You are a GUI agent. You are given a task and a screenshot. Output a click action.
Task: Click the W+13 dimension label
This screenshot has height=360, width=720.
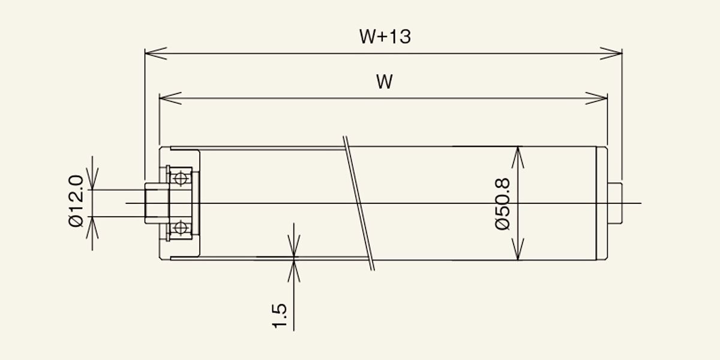[x=385, y=37]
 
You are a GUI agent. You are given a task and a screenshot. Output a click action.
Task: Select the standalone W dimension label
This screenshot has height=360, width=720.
[x=385, y=82]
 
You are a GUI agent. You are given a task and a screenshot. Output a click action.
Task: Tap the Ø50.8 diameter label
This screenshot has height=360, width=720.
[x=503, y=204]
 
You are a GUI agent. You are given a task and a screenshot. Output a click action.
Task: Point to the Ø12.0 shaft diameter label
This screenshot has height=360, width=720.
[x=76, y=201]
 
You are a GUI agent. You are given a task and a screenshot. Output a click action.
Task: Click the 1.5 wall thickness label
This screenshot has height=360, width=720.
[x=279, y=316]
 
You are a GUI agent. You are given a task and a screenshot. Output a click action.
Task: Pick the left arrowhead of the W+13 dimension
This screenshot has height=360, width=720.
[x=156, y=53]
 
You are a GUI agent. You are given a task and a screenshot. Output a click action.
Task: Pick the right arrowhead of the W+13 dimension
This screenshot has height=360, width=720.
[x=611, y=53]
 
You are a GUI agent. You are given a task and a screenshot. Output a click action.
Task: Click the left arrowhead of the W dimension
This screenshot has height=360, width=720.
[x=170, y=98]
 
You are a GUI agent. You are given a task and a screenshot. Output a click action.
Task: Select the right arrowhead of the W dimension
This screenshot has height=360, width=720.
[x=596, y=98]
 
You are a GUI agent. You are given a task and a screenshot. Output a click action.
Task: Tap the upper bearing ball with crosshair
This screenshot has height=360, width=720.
[x=181, y=178]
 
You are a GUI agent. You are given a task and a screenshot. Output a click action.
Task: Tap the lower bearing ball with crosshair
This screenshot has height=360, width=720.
[x=181, y=228]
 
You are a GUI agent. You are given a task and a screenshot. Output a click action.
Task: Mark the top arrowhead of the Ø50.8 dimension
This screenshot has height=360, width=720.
[x=518, y=157]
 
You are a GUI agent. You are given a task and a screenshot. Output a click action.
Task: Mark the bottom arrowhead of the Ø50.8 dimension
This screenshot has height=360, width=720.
[x=518, y=249]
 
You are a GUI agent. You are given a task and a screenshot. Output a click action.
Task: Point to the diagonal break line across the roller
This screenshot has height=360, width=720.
[x=359, y=203]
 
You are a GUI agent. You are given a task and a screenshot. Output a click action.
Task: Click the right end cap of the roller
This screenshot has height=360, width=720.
[x=602, y=203]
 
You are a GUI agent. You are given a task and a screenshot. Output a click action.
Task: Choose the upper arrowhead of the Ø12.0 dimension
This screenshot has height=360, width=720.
[x=92, y=179]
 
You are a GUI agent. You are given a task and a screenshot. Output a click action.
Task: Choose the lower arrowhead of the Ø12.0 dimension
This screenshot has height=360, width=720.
[x=92, y=228]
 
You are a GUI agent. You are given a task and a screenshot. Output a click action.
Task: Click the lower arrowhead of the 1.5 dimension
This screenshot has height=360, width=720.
[x=294, y=271]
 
